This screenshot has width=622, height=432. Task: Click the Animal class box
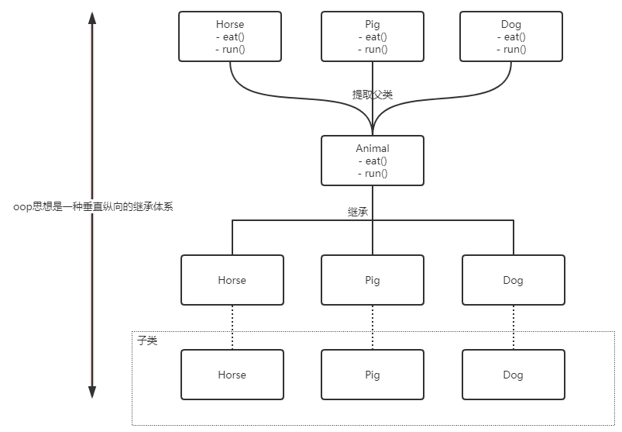click(x=373, y=161)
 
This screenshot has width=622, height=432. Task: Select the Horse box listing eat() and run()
click(x=231, y=36)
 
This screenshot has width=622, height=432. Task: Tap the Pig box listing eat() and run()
click(x=373, y=36)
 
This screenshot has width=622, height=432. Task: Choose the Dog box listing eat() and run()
click(x=511, y=36)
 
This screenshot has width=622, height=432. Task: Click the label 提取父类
click(x=373, y=95)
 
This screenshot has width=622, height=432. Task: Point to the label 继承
click(x=358, y=211)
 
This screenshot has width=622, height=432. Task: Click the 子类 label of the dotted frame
click(x=147, y=340)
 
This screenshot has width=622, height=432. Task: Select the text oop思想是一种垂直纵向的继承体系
click(x=94, y=207)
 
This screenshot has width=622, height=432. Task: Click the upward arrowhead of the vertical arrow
click(x=92, y=19)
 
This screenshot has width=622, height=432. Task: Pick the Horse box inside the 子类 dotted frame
click(x=232, y=375)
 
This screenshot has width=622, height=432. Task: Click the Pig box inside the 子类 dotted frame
click(x=373, y=375)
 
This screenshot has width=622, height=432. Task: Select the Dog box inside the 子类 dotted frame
click(x=513, y=375)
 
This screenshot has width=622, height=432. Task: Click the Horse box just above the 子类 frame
click(x=232, y=280)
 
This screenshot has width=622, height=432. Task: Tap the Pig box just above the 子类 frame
click(x=373, y=280)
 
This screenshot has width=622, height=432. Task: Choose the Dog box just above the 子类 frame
click(x=513, y=280)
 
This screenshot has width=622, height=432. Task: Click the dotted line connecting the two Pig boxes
click(x=373, y=327)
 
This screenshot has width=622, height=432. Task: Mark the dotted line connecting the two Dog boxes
click(x=513, y=327)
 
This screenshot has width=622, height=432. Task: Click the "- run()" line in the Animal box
click(x=373, y=174)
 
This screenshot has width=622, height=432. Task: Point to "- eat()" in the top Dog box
click(x=511, y=37)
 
